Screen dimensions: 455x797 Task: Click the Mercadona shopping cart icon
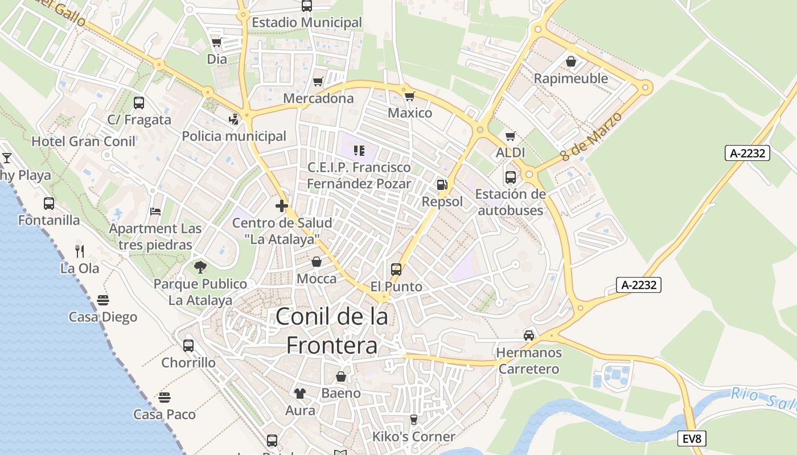(x=318, y=82)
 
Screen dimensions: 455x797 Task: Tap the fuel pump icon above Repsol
(x=442, y=184)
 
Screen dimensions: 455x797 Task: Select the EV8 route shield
(x=692, y=439)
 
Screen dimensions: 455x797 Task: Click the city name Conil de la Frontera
(x=332, y=330)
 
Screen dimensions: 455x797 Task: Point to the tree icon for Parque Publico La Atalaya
(x=200, y=267)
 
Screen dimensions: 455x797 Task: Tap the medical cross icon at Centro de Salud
(x=281, y=205)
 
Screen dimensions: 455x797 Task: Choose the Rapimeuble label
(x=570, y=78)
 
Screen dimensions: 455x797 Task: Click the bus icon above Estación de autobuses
(x=510, y=177)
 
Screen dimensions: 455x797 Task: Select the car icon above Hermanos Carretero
(x=529, y=335)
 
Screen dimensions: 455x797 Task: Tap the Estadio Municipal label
(x=306, y=22)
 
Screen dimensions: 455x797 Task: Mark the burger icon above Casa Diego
(x=103, y=300)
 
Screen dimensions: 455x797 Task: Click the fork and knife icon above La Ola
(x=80, y=250)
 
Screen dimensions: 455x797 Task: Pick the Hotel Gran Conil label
(x=83, y=142)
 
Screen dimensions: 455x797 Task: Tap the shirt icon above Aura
(x=300, y=393)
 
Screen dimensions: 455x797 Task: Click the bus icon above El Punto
(x=396, y=269)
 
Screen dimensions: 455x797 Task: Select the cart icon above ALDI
(x=511, y=136)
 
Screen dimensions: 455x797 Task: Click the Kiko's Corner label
(x=413, y=437)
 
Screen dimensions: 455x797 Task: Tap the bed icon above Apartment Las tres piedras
(x=155, y=212)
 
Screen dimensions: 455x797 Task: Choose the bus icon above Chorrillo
(x=188, y=345)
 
